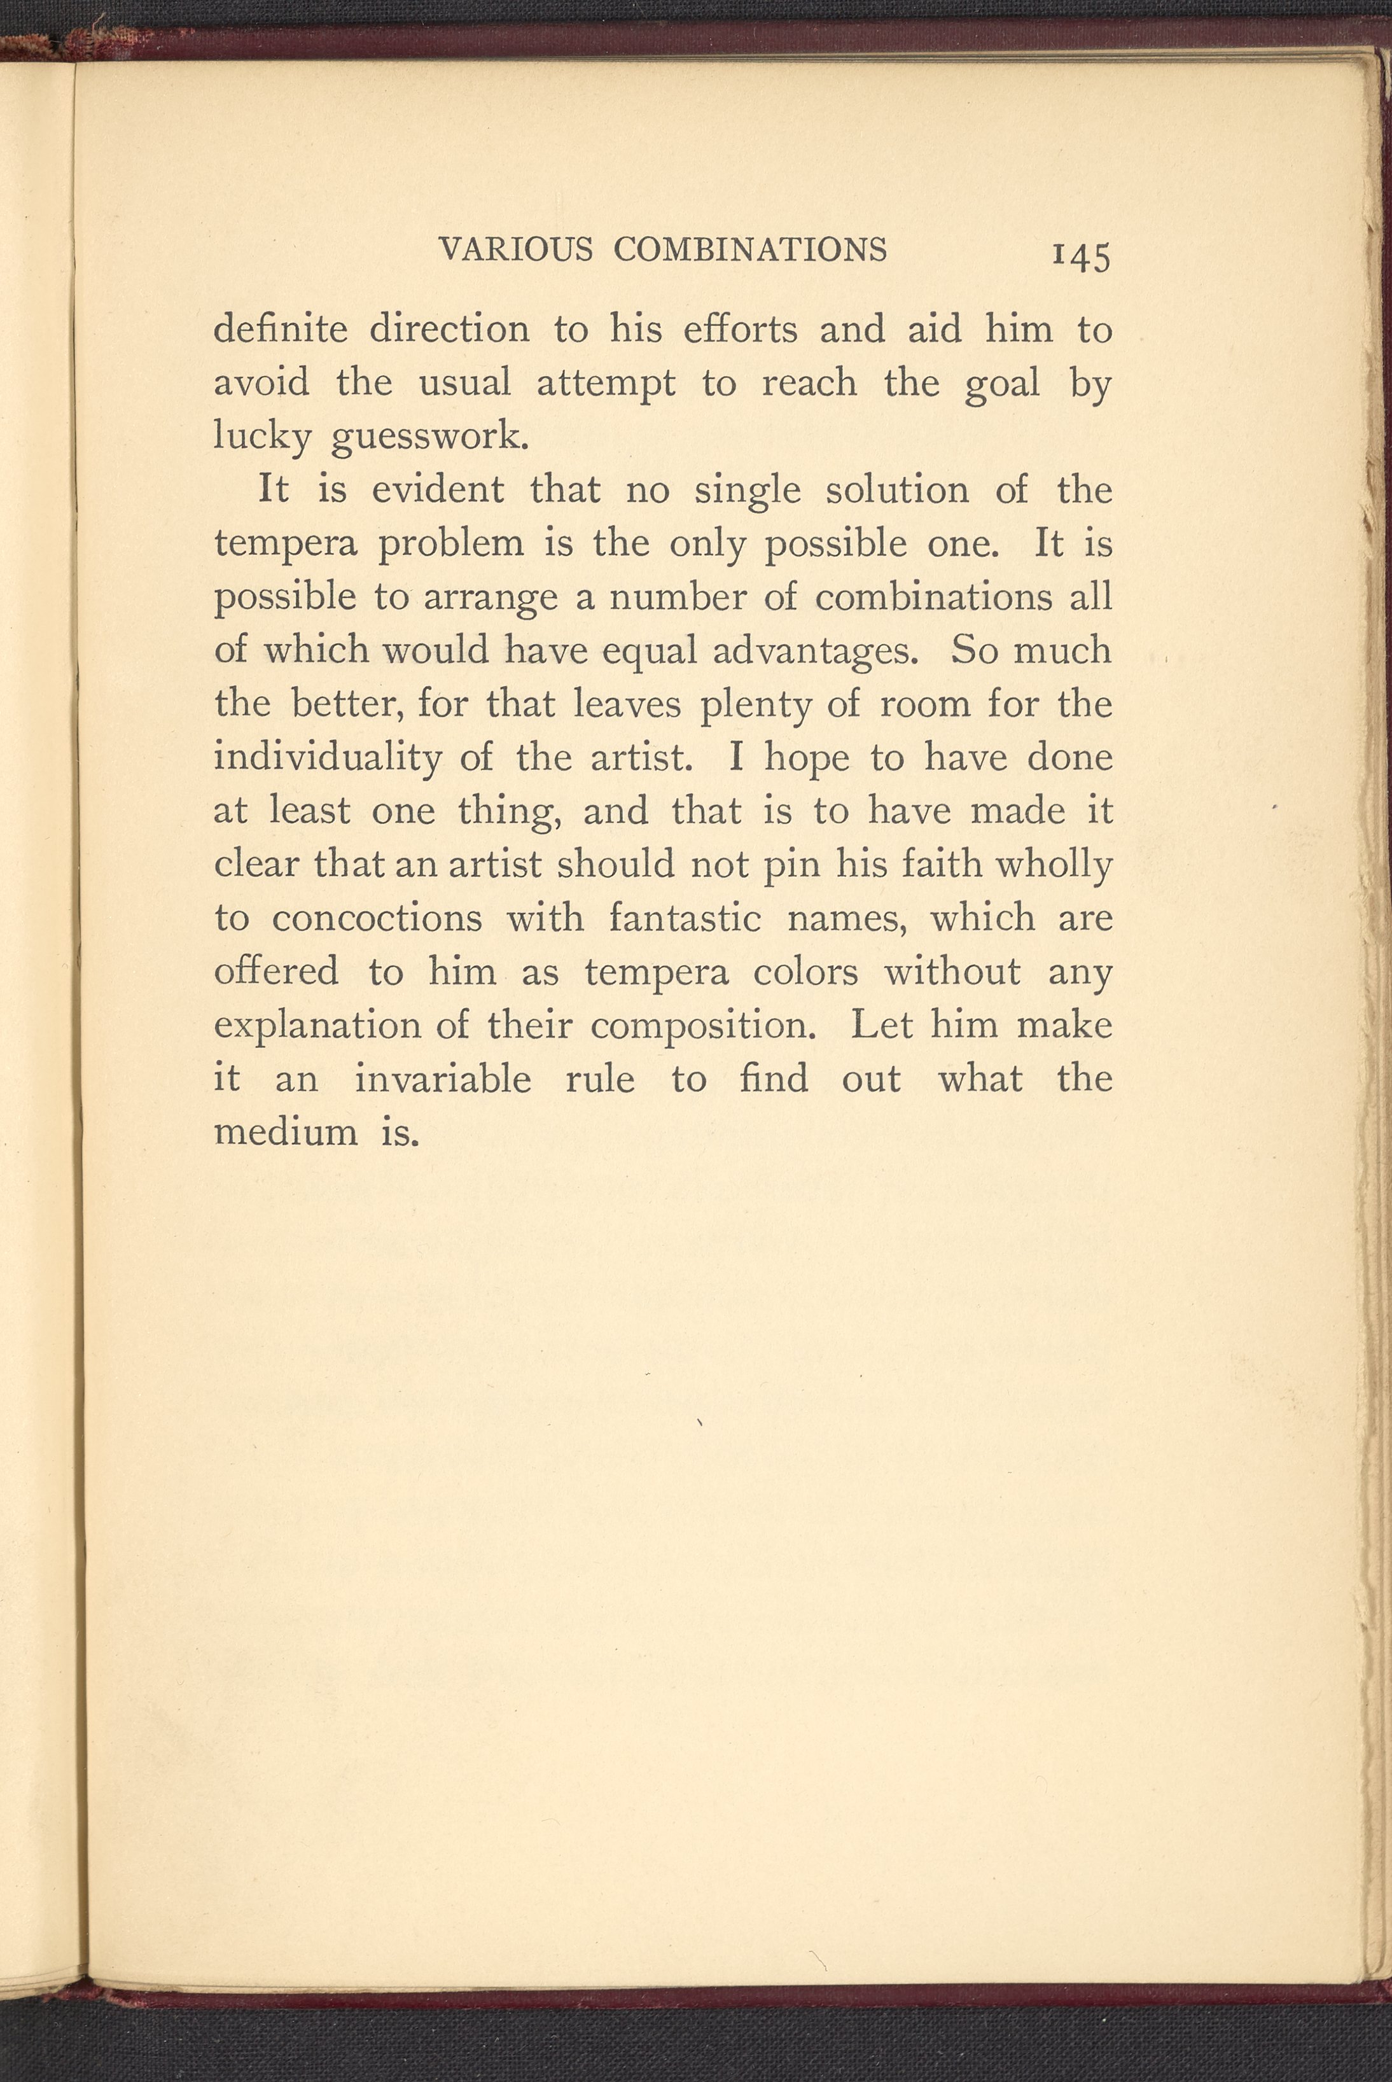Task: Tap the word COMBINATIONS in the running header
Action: click(x=749, y=249)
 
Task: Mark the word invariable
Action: click(x=442, y=1079)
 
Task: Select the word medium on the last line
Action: click(x=285, y=1132)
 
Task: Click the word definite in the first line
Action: click(x=281, y=330)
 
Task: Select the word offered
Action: click(x=276, y=971)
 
